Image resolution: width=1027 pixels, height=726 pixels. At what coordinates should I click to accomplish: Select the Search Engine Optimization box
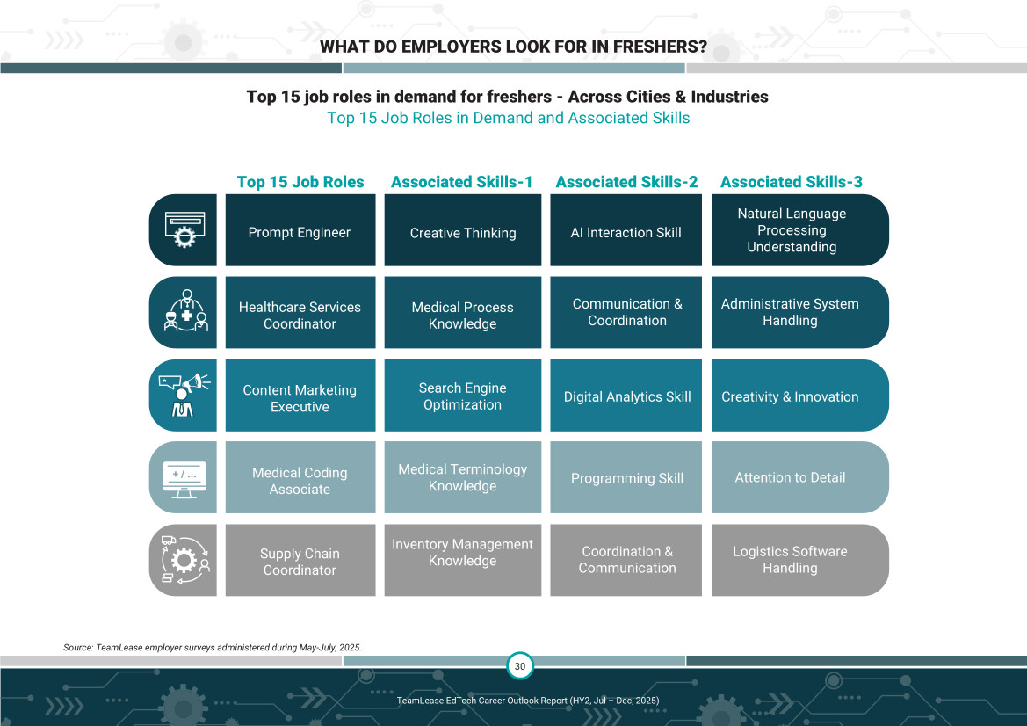pyautogui.click(x=463, y=396)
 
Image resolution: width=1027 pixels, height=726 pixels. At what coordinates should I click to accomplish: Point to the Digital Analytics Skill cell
pyautogui.click(x=626, y=396)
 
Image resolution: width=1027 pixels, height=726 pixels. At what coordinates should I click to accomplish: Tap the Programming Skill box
pyautogui.click(x=626, y=478)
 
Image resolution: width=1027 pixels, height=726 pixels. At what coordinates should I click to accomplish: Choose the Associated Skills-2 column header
pyautogui.click(x=626, y=182)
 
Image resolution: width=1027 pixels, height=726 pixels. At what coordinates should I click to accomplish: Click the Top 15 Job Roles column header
pyautogui.click(x=300, y=182)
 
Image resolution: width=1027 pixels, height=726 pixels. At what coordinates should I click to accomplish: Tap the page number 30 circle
pyautogui.click(x=520, y=666)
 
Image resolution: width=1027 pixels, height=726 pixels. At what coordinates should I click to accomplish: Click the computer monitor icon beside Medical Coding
pyautogui.click(x=184, y=478)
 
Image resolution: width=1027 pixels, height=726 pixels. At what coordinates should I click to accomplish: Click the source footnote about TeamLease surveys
pyautogui.click(x=213, y=647)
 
